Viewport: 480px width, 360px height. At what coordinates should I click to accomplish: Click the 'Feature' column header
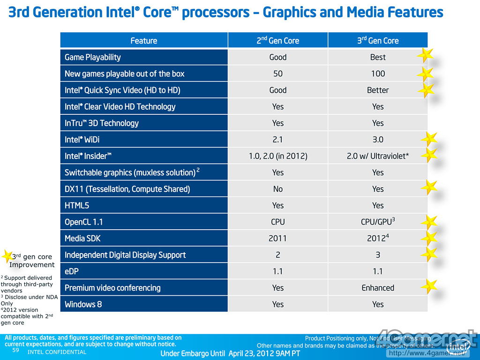point(144,41)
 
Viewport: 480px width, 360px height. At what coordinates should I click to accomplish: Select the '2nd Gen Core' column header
point(277,41)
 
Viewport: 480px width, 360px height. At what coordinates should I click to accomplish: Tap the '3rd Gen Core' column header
point(377,41)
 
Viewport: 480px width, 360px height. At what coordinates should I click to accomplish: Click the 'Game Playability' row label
point(93,57)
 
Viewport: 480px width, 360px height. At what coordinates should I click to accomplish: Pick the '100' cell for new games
point(378,74)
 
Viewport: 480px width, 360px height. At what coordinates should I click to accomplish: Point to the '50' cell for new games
point(277,74)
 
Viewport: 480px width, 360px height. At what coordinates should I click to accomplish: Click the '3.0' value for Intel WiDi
point(378,140)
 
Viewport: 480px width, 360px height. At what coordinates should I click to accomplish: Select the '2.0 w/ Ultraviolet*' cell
point(378,156)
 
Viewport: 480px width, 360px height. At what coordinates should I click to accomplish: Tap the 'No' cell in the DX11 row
point(277,189)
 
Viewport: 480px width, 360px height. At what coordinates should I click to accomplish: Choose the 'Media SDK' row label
point(82,239)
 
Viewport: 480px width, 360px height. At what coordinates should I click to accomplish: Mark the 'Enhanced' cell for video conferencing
point(378,288)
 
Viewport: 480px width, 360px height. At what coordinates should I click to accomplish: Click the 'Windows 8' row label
point(83,304)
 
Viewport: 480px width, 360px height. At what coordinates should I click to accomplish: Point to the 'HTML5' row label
point(77,205)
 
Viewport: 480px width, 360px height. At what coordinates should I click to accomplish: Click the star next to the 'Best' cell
point(425,55)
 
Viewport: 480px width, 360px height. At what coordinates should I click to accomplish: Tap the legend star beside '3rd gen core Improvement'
point(7,256)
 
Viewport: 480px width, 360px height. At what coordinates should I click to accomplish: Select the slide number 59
point(15,350)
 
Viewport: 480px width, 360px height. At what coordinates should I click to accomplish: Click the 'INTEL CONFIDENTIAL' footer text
point(57,352)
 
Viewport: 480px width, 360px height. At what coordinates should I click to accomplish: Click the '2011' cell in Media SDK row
point(277,239)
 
